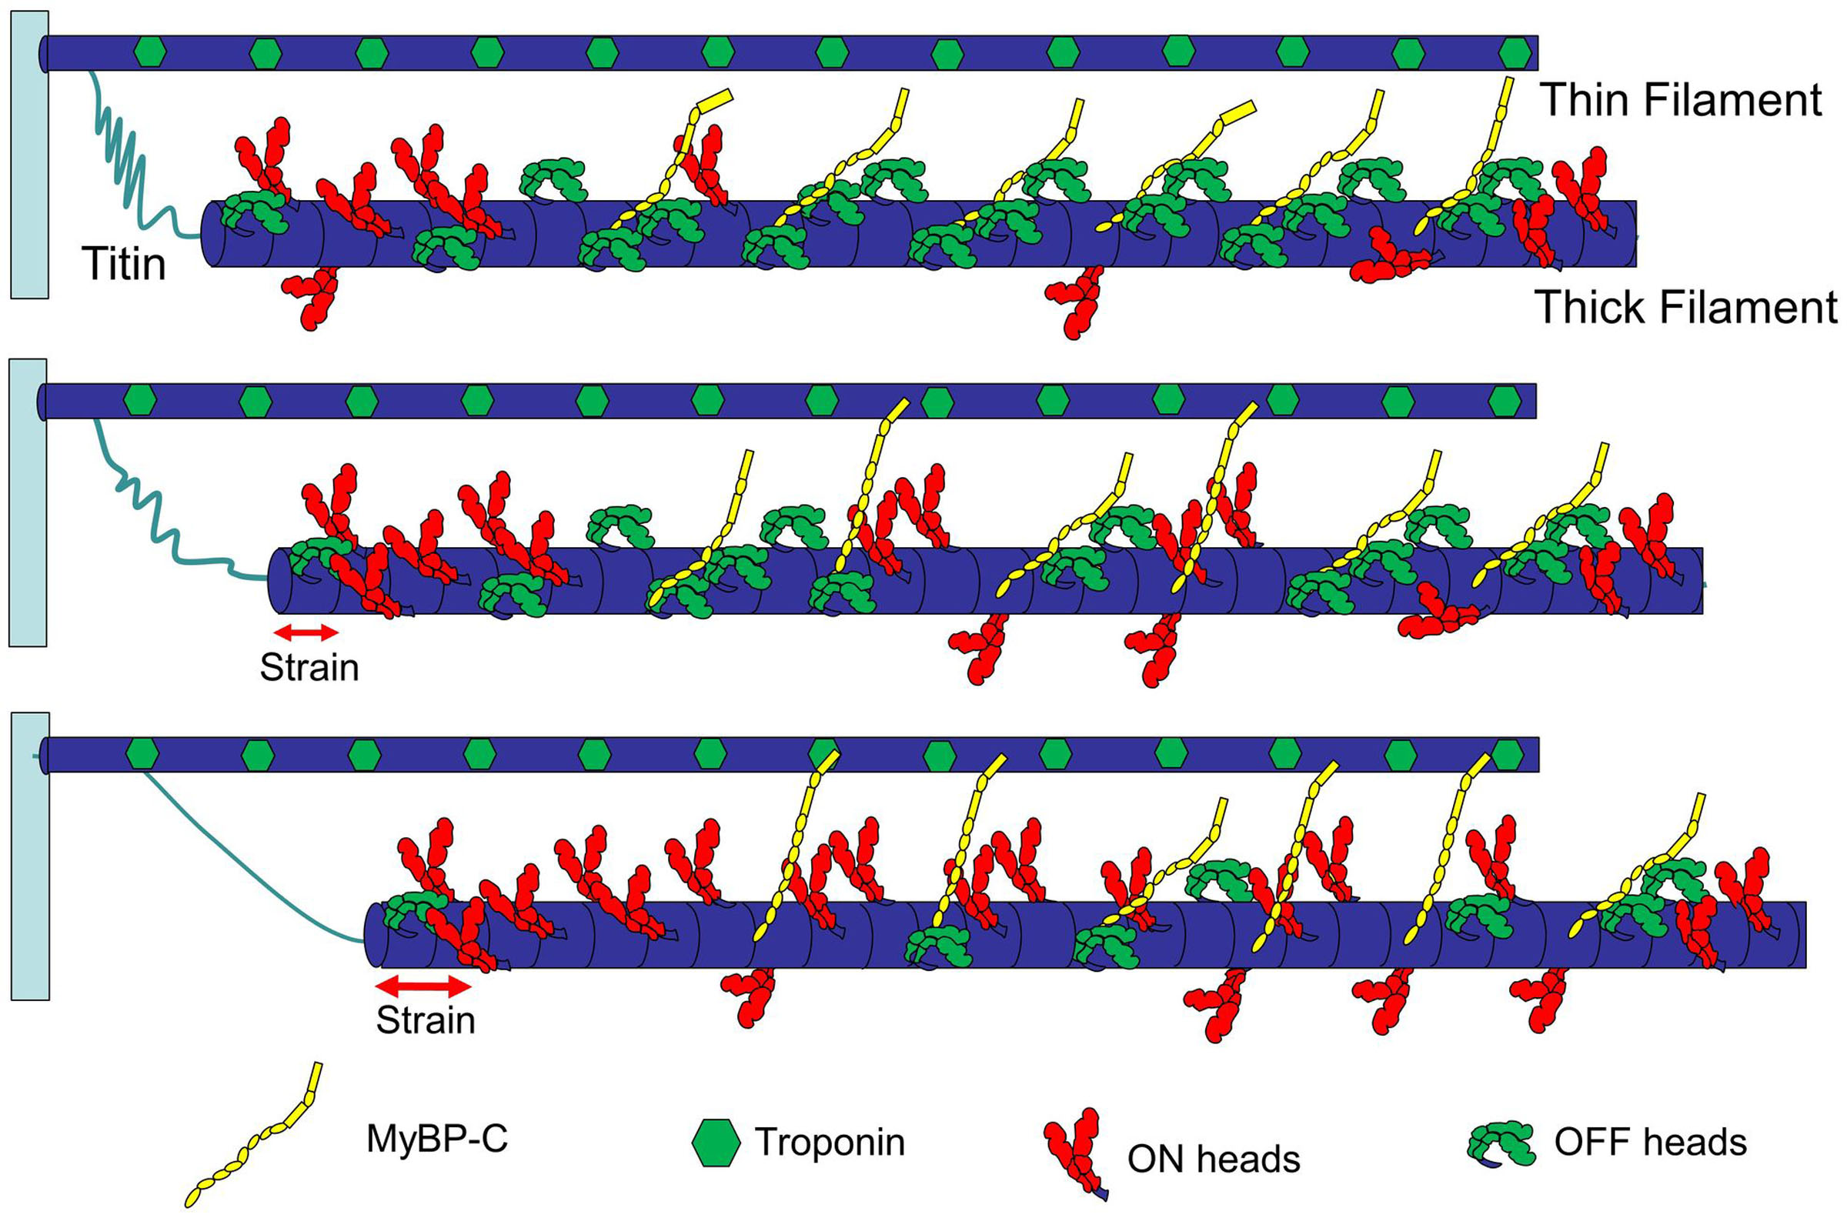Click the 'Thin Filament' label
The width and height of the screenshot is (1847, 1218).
(1680, 101)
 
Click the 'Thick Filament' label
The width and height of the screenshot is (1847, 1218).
(1685, 308)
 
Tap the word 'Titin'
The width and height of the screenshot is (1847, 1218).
(123, 264)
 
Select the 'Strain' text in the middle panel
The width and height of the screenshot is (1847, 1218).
(309, 668)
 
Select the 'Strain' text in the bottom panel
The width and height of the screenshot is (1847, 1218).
(425, 1020)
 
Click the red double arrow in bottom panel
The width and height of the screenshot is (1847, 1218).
(423, 986)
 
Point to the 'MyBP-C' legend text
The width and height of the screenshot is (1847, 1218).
(436, 1139)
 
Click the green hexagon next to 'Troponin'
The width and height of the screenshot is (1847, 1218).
(716, 1143)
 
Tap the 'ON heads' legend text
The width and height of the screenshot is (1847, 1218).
(1213, 1159)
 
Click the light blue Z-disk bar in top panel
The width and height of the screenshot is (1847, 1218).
(29, 155)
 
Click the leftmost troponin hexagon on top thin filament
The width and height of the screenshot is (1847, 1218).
(150, 52)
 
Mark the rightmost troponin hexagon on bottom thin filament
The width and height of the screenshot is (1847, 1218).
(1508, 754)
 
